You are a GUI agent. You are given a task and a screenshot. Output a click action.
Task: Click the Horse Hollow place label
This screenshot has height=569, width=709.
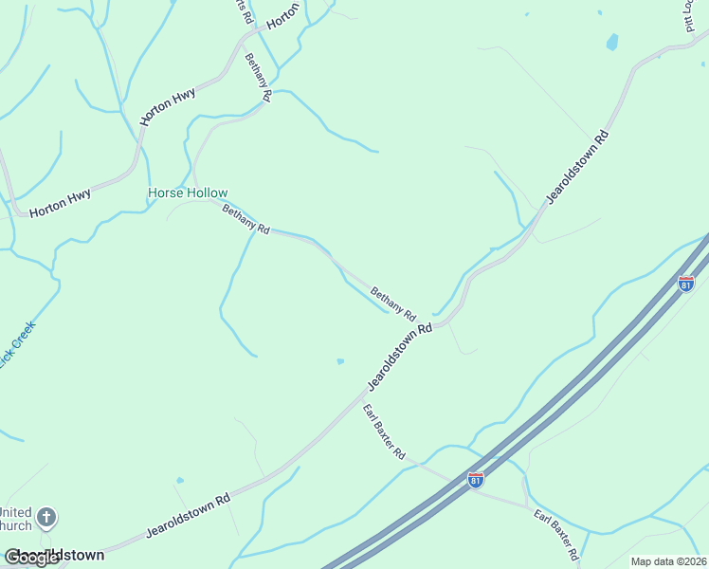(188, 193)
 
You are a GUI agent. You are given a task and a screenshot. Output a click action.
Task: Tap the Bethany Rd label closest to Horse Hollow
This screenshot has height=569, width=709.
(245, 219)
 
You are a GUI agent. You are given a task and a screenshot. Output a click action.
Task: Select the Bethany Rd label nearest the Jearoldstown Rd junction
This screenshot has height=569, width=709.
(393, 303)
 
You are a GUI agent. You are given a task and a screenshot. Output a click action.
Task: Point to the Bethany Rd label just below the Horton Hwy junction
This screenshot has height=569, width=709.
(258, 78)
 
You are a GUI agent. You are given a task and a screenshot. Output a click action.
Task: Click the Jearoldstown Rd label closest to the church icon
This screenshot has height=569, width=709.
(189, 516)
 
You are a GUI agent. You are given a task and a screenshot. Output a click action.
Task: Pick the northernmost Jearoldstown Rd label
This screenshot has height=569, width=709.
(576, 167)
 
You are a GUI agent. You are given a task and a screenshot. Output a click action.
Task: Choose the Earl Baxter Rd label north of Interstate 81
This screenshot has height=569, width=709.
(384, 431)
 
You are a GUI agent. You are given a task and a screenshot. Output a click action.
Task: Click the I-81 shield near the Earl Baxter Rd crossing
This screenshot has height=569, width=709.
(476, 480)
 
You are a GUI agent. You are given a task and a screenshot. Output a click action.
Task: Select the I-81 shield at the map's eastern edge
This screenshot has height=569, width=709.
(686, 283)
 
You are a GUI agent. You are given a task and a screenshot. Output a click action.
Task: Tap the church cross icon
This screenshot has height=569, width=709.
(46, 518)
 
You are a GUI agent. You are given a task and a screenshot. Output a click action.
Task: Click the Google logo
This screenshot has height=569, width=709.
(32, 557)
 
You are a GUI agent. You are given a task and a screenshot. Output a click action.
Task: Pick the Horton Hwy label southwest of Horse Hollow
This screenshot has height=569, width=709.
(60, 204)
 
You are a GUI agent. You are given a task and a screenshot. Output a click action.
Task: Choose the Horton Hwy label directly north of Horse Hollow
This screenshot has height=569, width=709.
(168, 107)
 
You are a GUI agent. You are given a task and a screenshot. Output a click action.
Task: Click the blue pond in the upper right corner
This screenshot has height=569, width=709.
(612, 42)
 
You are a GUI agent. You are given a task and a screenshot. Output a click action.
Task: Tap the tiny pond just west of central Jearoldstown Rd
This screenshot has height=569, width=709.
(339, 361)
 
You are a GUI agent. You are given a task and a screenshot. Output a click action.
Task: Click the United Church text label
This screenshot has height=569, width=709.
(16, 519)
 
